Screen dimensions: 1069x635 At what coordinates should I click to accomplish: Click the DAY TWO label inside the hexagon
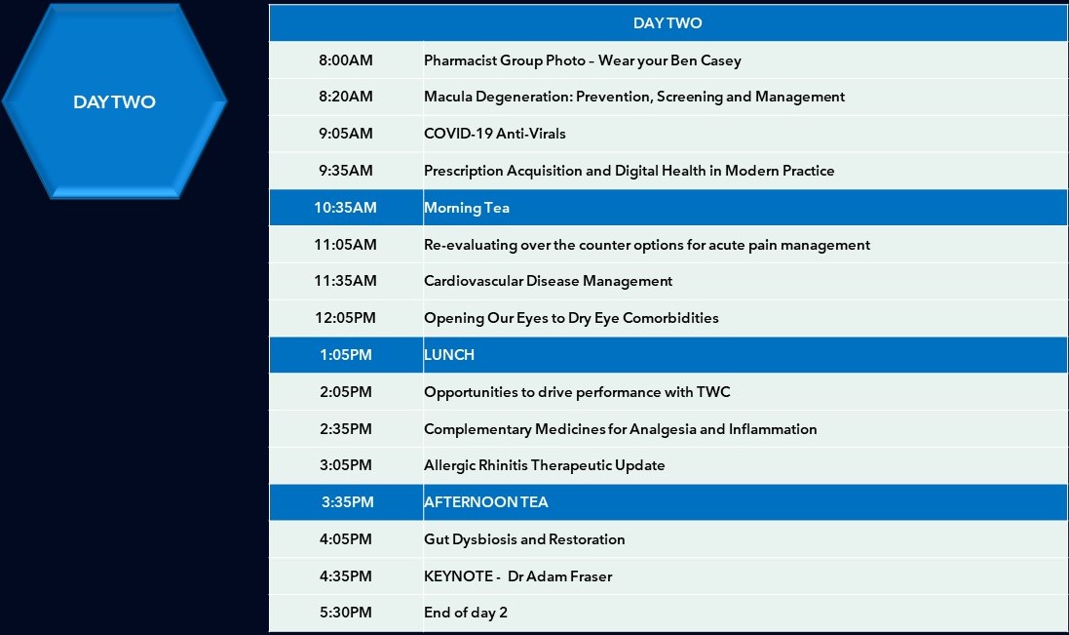(115, 101)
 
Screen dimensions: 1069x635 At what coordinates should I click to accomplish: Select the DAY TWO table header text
(668, 23)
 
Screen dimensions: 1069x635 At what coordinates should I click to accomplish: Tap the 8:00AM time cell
(346, 60)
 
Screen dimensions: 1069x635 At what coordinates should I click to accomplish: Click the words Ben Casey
(706, 60)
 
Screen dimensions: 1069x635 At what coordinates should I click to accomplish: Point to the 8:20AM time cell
(346, 97)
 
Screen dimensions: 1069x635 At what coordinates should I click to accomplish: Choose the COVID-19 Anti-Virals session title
(495, 134)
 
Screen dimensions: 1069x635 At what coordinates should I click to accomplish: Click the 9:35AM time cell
(346, 171)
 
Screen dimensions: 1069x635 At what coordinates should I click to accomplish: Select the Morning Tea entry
(467, 208)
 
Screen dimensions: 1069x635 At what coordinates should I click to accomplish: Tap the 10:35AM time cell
(346, 208)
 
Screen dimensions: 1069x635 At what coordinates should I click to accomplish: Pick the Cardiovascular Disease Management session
(548, 281)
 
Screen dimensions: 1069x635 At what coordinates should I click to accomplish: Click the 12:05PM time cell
(346, 318)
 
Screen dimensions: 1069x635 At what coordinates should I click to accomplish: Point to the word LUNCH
(449, 355)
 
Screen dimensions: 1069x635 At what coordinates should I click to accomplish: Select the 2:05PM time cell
(346, 392)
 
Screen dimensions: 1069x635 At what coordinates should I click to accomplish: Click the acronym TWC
(713, 392)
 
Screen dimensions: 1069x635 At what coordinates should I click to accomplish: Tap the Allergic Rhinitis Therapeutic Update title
(545, 465)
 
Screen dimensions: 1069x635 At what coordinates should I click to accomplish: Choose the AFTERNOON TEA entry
(486, 502)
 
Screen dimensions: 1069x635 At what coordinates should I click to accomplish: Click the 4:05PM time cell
(346, 539)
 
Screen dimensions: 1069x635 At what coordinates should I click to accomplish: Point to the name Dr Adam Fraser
(559, 576)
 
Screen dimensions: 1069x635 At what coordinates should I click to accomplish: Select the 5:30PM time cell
(346, 613)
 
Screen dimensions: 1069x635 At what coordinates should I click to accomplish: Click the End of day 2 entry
(466, 613)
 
